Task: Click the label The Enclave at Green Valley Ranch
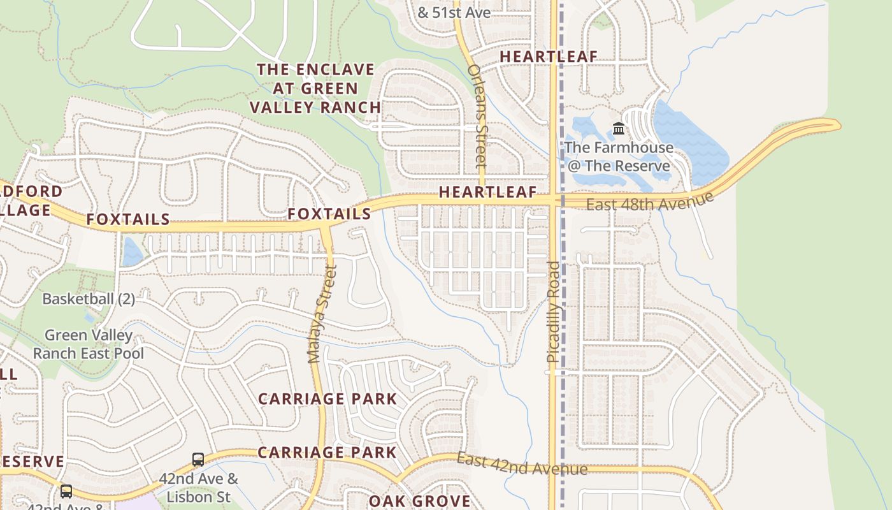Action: tap(315, 88)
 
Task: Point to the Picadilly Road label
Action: tap(553, 312)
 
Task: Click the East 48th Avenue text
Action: tap(649, 202)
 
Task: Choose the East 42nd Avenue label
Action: tap(522, 465)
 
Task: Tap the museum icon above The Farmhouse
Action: tap(619, 129)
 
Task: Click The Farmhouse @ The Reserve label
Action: tap(618, 157)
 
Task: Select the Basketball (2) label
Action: tap(89, 298)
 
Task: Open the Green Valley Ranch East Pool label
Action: tap(89, 344)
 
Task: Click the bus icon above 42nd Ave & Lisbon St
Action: tap(198, 459)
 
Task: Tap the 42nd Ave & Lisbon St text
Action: tap(198, 487)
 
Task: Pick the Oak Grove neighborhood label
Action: tap(419, 501)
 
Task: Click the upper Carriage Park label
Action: tap(327, 399)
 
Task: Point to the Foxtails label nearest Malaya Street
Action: tap(329, 214)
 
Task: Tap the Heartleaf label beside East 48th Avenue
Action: tap(487, 193)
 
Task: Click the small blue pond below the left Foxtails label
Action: tap(133, 252)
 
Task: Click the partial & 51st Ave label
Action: tap(454, 12)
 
